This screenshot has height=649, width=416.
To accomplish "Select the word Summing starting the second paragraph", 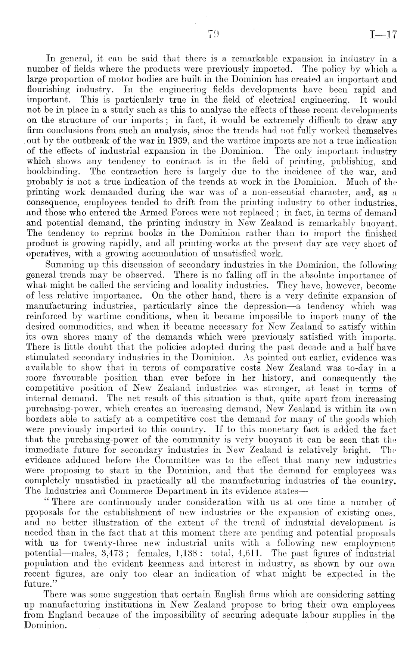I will pyautogui.click(x=62, y=265).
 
